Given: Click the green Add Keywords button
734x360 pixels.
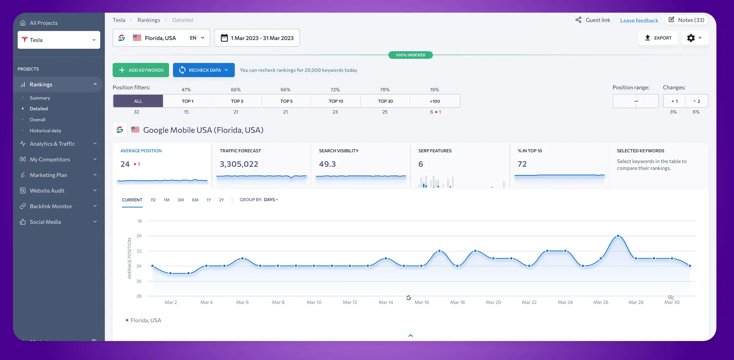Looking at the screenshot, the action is click(x=141, y=70).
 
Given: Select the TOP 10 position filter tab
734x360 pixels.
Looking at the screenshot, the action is click(x=336, y=101).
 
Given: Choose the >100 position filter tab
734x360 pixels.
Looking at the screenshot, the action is click(x=435, y=101).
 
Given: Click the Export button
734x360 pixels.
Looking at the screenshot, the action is click(x=658, y=38).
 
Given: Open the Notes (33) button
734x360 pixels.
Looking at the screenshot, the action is click(x=686, y=20).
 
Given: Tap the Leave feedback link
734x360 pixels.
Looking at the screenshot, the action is click(x=639, y=20).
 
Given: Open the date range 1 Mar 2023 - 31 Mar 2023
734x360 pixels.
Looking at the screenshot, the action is click(x=257, y=38).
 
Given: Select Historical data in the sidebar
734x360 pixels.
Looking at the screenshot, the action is click(x=45, y=130).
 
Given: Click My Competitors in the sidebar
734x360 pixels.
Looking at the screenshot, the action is click(x=50, y=159).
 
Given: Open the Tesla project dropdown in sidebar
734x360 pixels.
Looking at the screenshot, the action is click(x=59, y=40).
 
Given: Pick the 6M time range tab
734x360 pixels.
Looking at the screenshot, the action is click(x=195, y=200).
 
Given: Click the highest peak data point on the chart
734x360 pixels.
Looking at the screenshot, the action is click(x=618, y=236).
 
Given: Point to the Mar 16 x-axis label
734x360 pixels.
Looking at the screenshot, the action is click(x=421, y=302).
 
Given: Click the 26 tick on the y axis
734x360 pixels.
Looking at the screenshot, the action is click(x=139, y=281).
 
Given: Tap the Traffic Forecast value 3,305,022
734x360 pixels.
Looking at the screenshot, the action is click(x=239, y=164).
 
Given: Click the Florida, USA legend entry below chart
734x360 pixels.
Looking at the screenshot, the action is click(x=145, y=320).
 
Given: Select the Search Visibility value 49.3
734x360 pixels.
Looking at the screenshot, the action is click(x=327, y=164).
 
